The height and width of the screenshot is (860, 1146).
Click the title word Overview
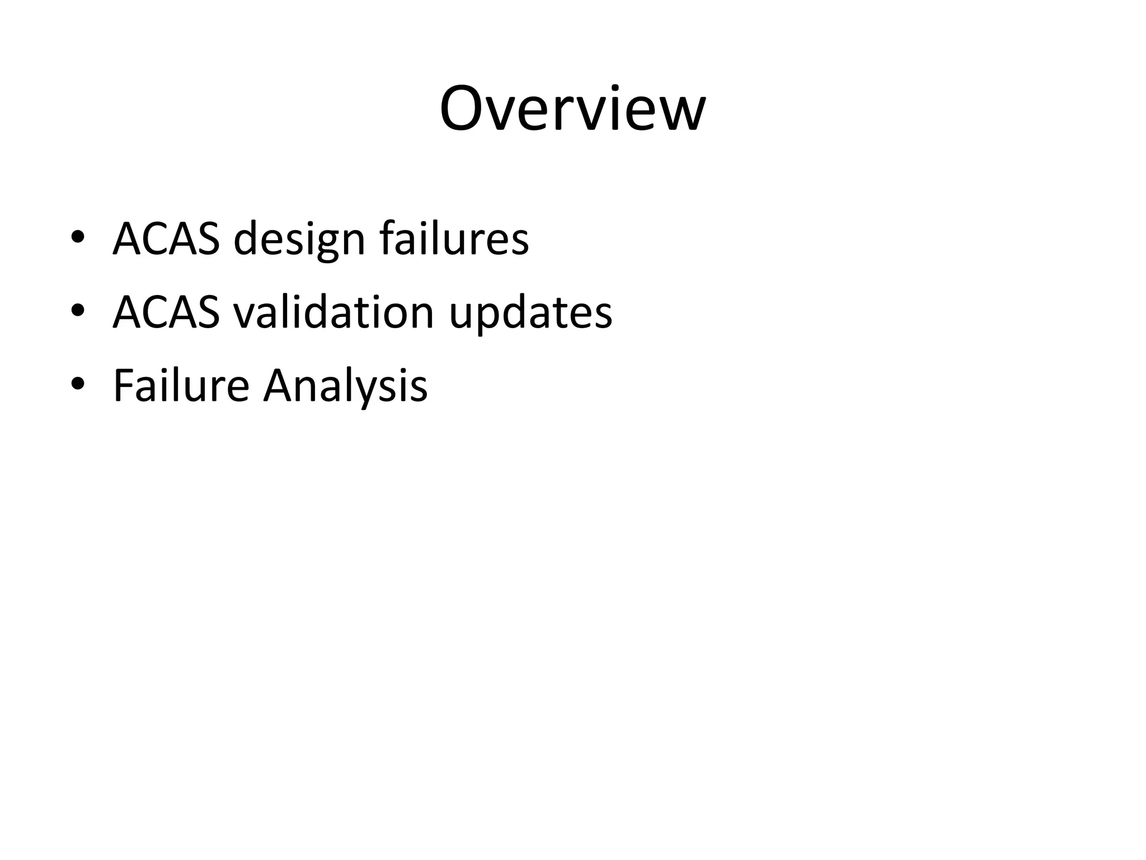[572, 109]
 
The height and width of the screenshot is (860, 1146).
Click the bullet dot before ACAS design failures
[78, 239]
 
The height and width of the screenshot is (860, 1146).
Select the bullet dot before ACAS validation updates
[78, 311]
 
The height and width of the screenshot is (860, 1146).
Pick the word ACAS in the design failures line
[166, 239]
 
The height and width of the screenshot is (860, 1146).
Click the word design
[299, 240]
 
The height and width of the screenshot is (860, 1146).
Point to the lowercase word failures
[454, 239]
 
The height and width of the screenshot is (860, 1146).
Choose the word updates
[530, 314]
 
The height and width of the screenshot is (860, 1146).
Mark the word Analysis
[345, 386]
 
